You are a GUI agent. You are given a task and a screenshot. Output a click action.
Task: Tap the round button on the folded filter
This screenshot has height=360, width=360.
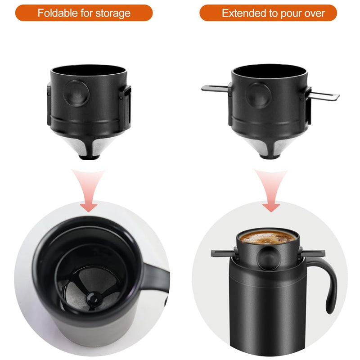(76, 93)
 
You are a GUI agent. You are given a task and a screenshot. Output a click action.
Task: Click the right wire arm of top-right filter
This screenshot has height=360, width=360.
(325, 95)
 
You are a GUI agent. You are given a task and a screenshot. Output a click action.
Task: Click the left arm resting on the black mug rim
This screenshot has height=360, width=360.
(221, 253)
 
